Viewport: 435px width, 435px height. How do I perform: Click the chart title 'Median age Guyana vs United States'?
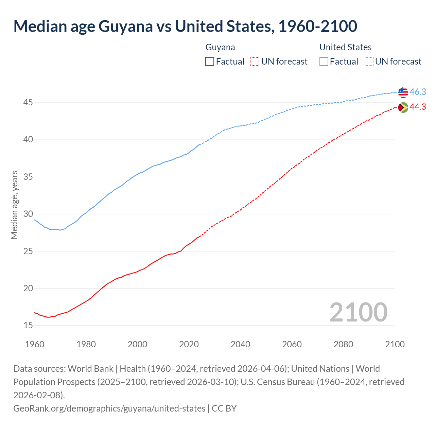click(x=185, y=27)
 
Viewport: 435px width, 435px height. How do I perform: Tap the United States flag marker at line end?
click(x=403, y=92)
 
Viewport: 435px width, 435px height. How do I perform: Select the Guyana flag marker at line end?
click(x=403, y=107)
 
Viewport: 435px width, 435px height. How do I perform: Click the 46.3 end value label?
click(x=418, y=92)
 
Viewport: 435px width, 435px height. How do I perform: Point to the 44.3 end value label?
click(x=418, y=107)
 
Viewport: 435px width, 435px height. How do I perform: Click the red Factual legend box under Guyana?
click(x=210, y=62)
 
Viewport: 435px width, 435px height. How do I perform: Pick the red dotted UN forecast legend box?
click(x=255, y=62)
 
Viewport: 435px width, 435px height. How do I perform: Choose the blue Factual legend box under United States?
click(x=324, y=62)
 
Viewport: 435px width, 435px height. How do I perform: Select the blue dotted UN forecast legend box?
click(x=369, y=62)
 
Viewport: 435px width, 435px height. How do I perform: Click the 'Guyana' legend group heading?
click(x=220, y=47)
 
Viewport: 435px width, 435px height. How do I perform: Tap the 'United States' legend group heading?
click(x=345, y=47)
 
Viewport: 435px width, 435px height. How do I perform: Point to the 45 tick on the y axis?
click(x=28, y=103)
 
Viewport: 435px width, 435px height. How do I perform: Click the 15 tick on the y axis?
click(x=28, y=326)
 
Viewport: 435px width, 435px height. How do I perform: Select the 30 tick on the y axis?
click(x=28, y=214)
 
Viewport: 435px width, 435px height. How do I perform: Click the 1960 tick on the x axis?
click(x=35, y=344)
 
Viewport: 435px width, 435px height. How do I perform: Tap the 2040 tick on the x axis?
click(x=240, y=344)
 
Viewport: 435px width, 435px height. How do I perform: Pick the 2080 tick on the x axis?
click(x=343, y=344)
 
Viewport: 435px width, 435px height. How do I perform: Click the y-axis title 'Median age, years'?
click(x=14, y=205)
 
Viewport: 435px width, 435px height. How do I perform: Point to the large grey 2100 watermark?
click(x=358, y=312)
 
